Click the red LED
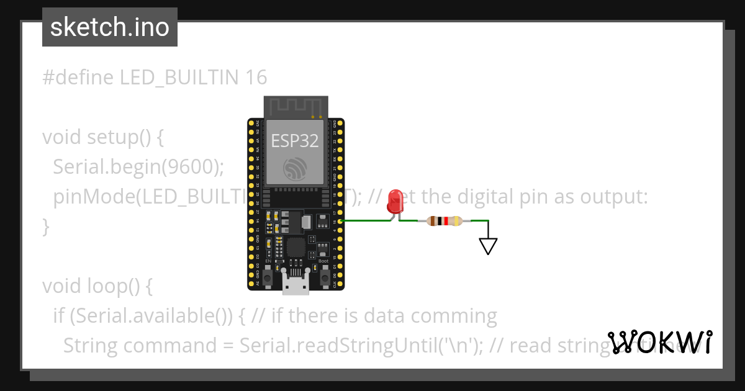394,202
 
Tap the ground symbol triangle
489,246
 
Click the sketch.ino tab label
110,27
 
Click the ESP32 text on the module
295,140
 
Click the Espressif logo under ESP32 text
295,169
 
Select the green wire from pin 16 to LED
366,220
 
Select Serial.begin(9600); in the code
138,167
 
